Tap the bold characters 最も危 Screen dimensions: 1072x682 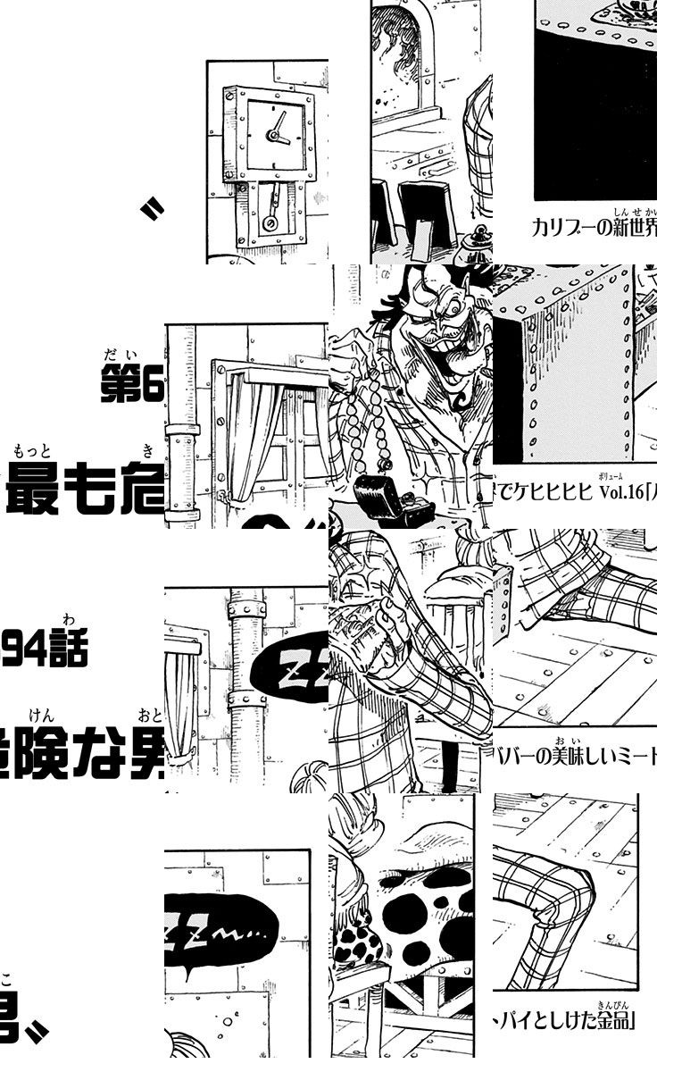coord(85,494)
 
